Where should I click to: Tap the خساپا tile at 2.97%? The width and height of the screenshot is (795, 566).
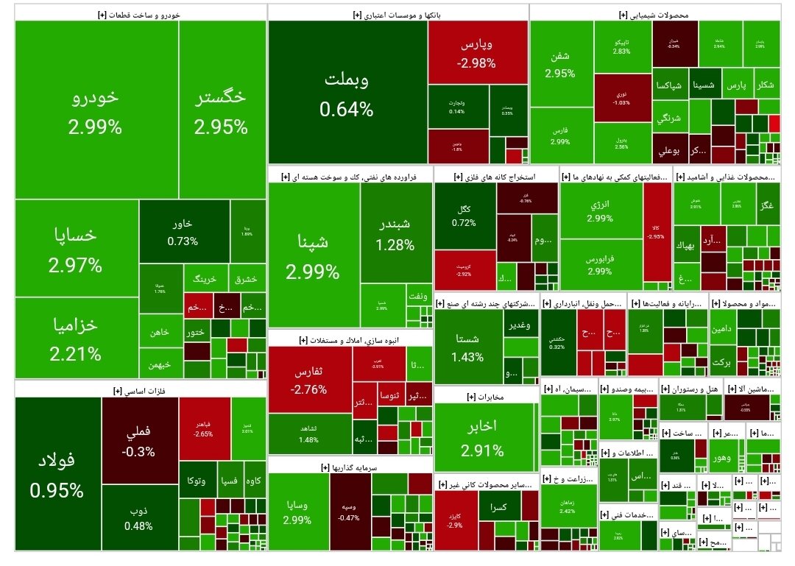(76, 249)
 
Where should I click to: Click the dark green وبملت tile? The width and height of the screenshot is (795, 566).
(346, 93)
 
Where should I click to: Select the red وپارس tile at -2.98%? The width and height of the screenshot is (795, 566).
(476, 53)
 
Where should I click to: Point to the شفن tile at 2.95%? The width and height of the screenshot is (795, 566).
(560, 64)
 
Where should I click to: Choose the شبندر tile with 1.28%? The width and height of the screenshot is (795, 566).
(395, 233)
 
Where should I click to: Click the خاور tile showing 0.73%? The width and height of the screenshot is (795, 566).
(183, 231)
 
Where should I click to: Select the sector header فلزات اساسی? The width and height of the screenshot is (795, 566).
(139, 389)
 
